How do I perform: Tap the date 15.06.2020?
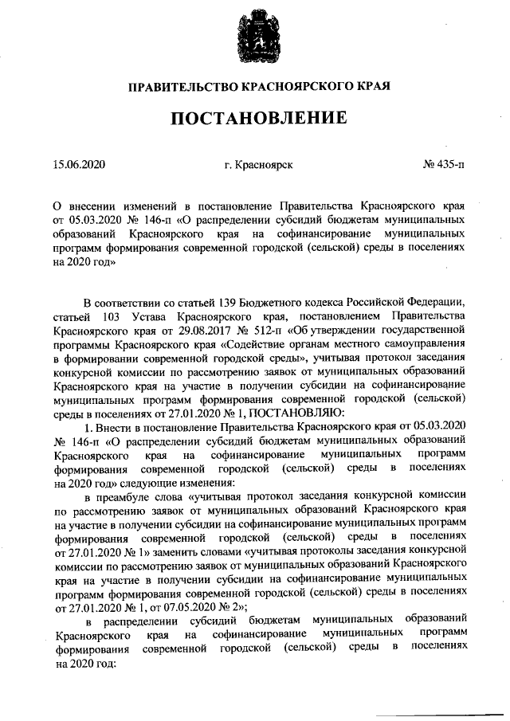coord(79,165)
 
